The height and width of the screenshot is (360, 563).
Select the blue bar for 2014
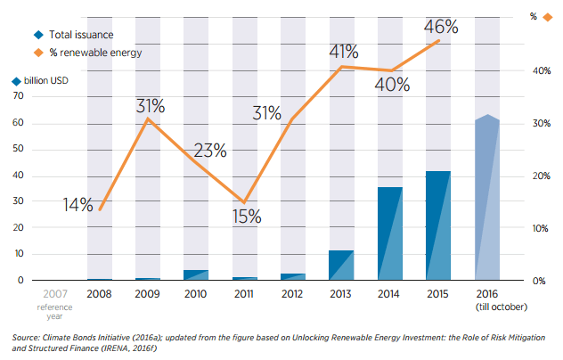click(388, 233)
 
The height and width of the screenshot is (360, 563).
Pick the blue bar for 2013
click(340, 266)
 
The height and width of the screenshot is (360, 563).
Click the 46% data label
click(440, 27)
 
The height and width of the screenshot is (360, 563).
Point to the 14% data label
click(78, 205)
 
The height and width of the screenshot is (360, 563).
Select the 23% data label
click(208, 150)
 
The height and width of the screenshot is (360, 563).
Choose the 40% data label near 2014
click(391, 86)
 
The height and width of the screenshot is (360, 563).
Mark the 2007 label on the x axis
click(53, 293)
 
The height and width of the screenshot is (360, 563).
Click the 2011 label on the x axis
click(244, 293)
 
